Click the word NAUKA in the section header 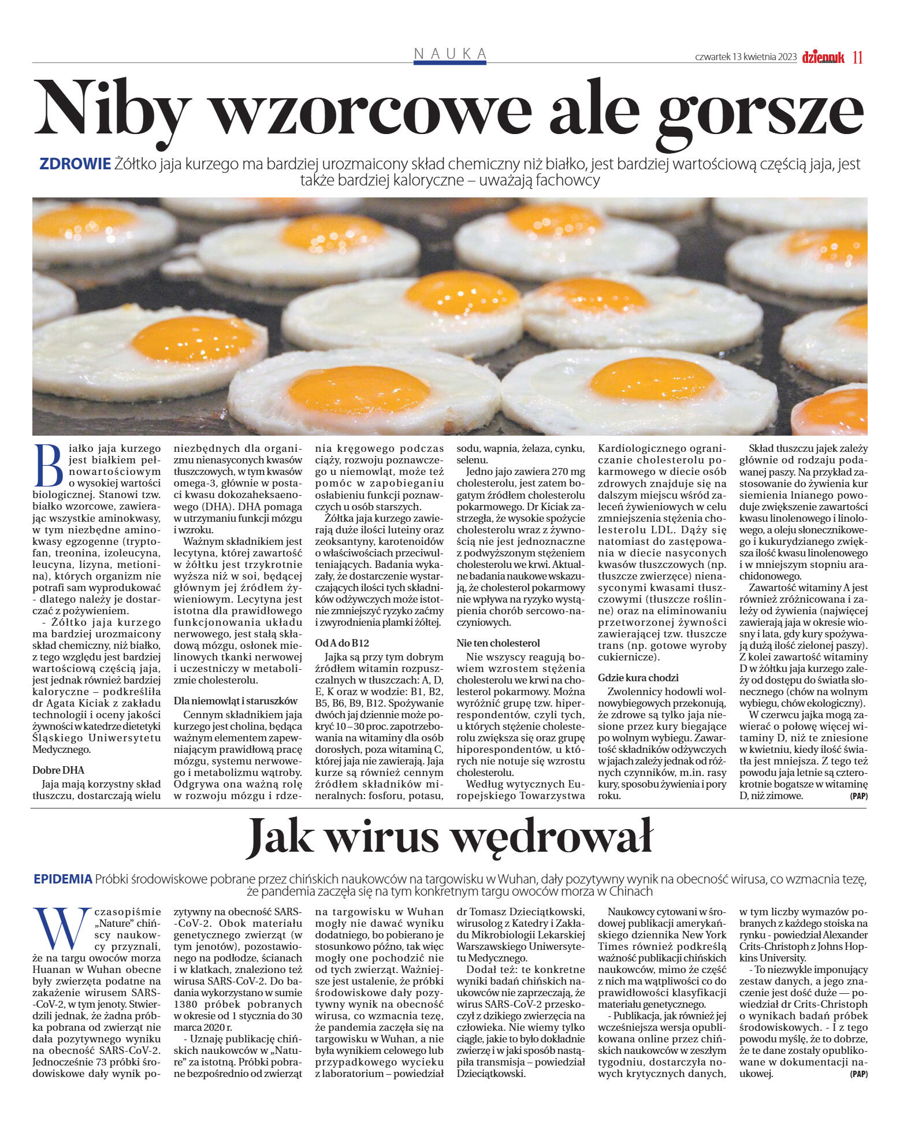[450, 54]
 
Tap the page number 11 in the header [857, 57]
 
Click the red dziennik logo [823, 57]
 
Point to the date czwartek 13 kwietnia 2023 [746, 57]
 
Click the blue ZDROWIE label [75, 164]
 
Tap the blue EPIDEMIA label [63, 879]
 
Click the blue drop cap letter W [58, 930]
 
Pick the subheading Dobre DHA [58, 770]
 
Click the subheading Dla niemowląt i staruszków [236, 701]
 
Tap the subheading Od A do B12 [342, 643]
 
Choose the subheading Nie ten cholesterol [498, 643]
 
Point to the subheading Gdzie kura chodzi [638, 678]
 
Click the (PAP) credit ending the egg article [858, 796]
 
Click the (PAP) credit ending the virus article [858, 1074]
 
